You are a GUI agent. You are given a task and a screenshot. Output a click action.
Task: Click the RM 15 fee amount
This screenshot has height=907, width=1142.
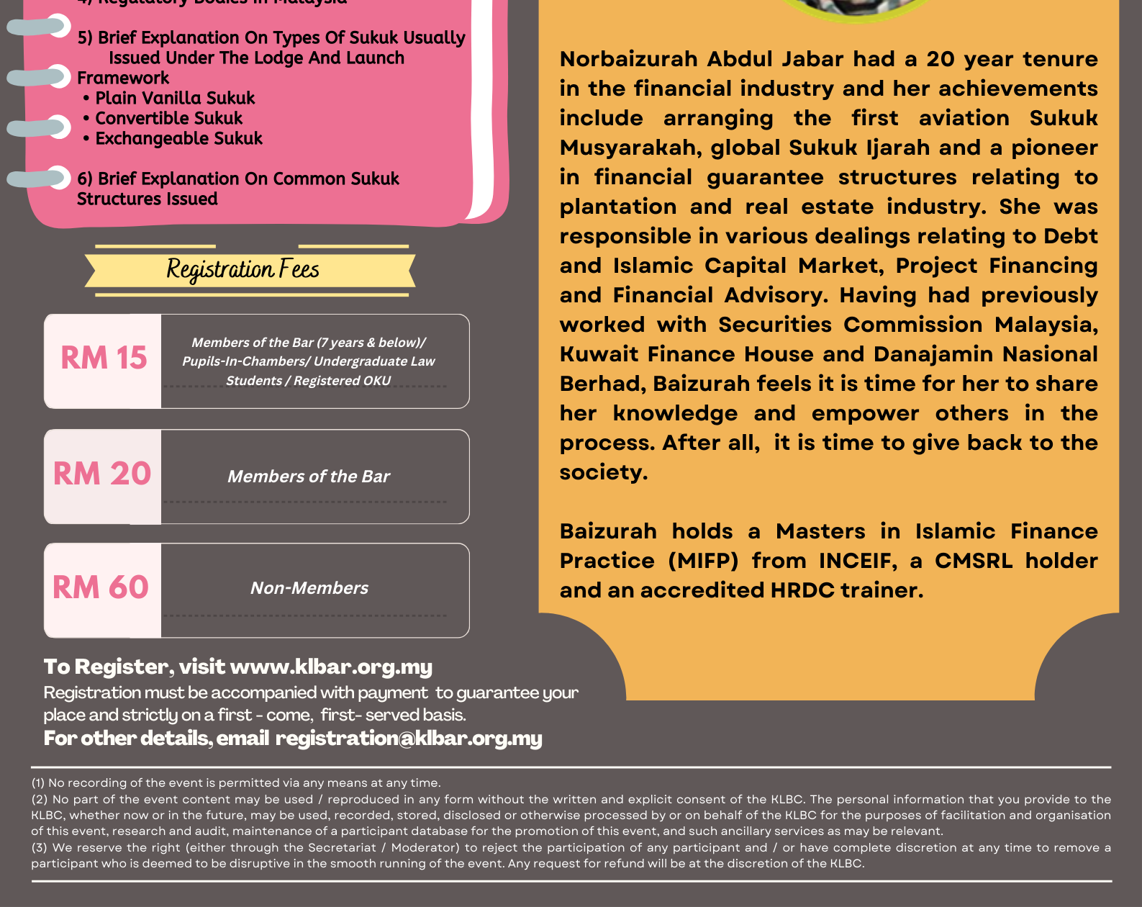104,358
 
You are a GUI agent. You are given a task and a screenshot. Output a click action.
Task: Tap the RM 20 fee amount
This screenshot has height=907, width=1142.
102,474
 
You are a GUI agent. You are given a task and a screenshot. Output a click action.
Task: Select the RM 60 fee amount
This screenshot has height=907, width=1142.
101,587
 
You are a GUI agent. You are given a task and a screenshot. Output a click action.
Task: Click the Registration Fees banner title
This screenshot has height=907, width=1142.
243,270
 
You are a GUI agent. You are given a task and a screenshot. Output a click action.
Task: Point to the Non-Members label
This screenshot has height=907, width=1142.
309,588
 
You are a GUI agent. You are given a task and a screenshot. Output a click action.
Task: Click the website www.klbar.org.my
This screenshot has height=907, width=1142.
331,667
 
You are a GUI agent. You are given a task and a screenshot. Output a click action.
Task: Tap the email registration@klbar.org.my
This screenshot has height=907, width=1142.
409,739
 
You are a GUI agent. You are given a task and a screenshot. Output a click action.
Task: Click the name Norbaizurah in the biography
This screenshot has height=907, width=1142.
628,59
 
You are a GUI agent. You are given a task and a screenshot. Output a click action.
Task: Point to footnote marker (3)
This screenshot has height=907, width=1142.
39,848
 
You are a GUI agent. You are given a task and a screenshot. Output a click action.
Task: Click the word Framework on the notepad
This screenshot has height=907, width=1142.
123,78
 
